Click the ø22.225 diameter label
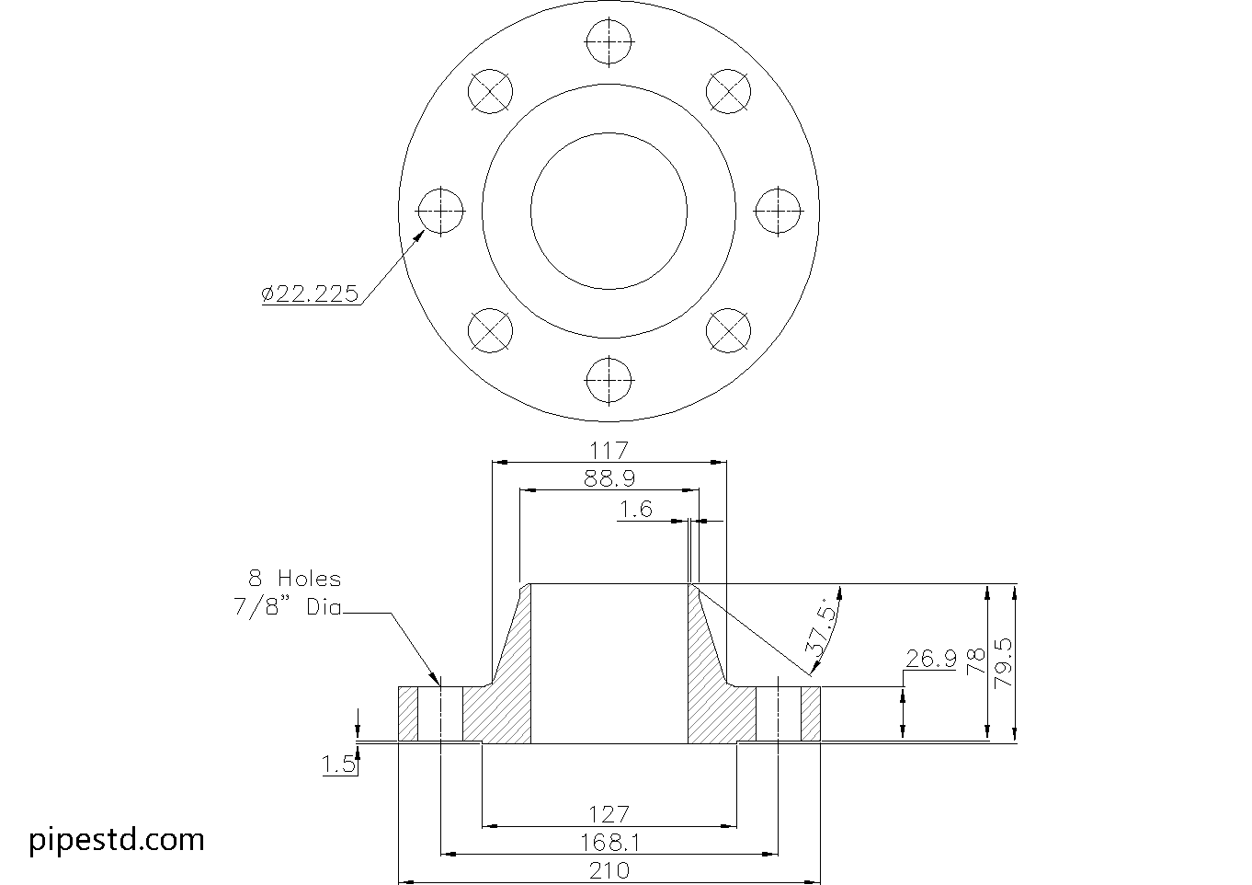310,293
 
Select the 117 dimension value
609,451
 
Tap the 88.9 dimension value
609,478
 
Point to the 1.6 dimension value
635,510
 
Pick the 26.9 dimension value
930,659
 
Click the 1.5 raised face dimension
338,764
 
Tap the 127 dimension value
609,814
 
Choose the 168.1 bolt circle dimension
609,842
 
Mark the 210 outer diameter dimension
609,869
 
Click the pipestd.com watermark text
117,839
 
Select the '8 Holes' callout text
294,579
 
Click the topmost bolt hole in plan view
609,43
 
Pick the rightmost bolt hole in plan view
778,212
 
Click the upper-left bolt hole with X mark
490,92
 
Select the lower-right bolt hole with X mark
728,330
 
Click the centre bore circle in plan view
609,211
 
